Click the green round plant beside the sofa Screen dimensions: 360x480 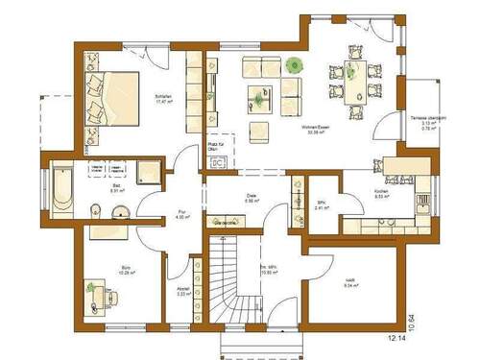(x=292, y=65)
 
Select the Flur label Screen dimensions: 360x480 (x=180, y=214)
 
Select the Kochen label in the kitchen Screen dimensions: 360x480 (x=353, y=193)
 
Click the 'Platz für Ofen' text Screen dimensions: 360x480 (x=215, y=146)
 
